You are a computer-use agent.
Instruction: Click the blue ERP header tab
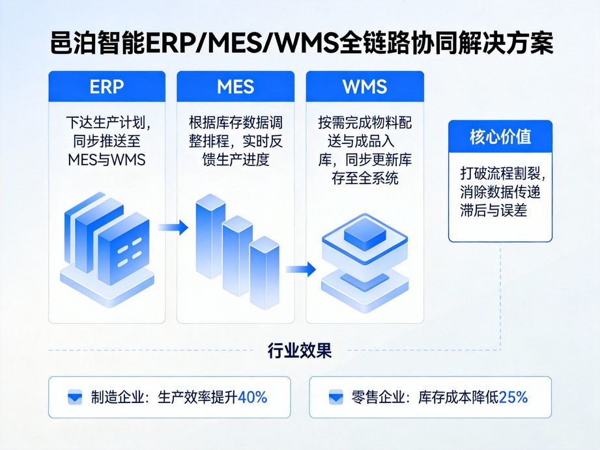[107, 86]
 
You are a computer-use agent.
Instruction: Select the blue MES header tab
[235, 86]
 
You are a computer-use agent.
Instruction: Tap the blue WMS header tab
[364, 86]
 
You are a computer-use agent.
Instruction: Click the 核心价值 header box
[500, 137]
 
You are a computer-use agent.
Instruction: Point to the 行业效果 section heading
[300, 351]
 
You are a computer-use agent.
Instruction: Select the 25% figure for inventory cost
[513, 397]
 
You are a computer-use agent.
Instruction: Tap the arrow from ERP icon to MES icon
[173, 228]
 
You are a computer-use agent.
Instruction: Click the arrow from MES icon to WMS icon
[300, 269]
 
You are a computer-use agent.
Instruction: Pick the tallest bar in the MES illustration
[210, 238]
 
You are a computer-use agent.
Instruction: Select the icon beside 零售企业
[336, 397]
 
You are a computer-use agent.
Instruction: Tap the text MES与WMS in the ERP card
[107, 160]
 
